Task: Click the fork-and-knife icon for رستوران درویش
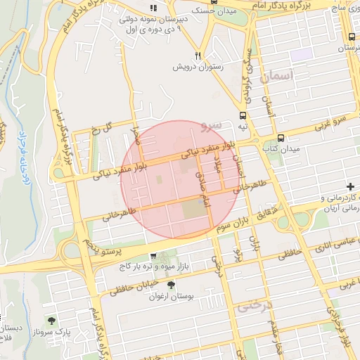pos(199,56)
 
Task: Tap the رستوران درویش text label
pos(199,67)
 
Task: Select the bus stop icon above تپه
pos(243,115)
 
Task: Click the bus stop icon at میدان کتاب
pos(281,138)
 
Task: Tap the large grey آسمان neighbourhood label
pos(275,78)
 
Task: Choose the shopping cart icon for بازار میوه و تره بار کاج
pos(153,257)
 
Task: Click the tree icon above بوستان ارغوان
pos(171,285)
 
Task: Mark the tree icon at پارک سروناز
pos(51,320)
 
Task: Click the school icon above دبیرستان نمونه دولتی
pos(153,8)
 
